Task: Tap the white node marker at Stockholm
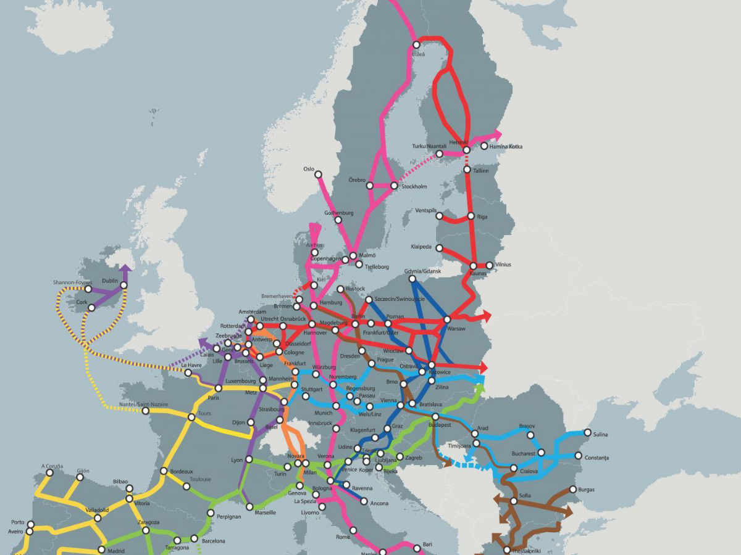394,185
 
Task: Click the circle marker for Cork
91,308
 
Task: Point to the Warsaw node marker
447,320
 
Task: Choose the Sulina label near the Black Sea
600,435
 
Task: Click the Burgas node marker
573,490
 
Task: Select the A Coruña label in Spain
52,466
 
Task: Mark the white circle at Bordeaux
164,471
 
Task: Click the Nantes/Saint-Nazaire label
144,404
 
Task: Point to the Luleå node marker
416,44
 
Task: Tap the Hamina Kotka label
506,147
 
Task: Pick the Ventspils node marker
440,216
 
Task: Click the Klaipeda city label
422,247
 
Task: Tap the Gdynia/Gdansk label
423,271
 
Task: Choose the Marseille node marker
249,507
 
